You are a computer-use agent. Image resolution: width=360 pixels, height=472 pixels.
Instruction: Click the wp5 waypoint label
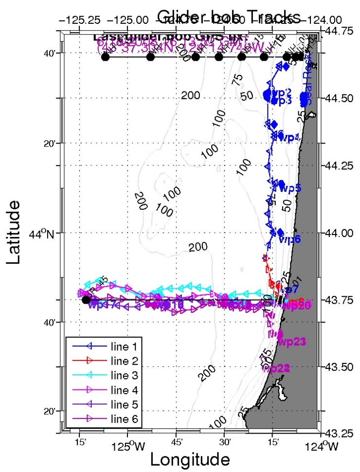290,188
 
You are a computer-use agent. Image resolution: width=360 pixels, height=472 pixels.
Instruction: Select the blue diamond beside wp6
280,232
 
